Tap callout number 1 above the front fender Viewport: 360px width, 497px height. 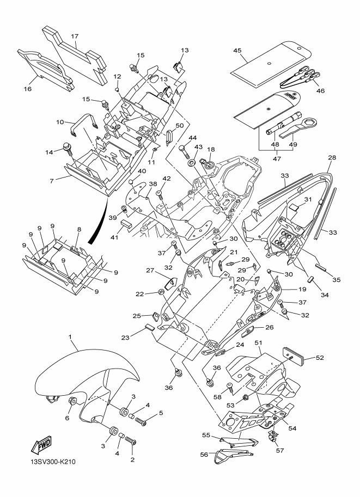click(x=70, y=338)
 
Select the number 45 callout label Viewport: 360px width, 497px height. click(x=237, y=51)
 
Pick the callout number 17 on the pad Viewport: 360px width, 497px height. click(x=75, y=37)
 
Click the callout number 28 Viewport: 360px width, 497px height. click(x=332, y=157)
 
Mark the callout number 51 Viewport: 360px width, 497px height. click(x=259, y=342)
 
